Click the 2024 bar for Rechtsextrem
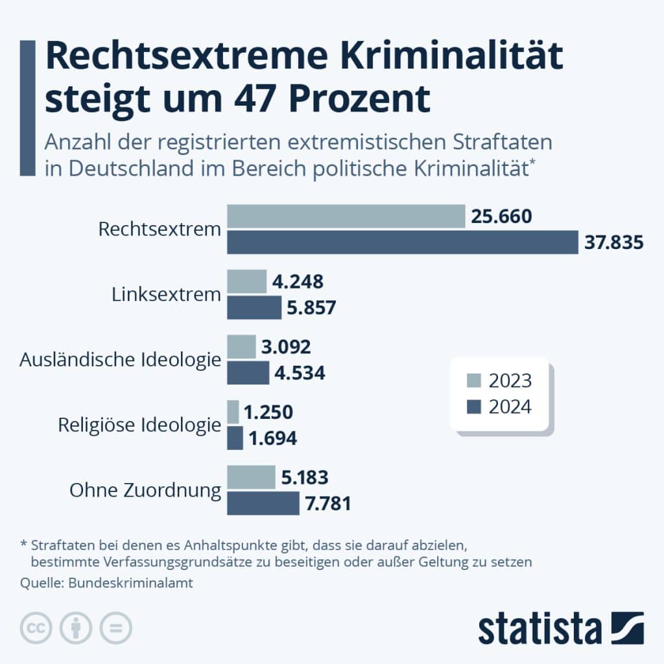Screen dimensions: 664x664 [403, 243]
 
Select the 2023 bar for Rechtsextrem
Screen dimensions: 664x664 [346, 216]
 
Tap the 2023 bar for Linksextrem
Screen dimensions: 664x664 [247, 281]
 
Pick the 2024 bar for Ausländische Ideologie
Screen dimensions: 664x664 [248, 373]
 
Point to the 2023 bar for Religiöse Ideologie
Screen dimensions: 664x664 [233, 412]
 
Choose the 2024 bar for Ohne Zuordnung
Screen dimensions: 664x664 [263, 503]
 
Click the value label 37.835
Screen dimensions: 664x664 [614, 243]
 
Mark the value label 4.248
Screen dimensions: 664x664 [298, 281]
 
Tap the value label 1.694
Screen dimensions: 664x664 [273, 438]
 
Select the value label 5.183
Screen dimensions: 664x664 [305, 477]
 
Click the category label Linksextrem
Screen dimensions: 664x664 [167, 294]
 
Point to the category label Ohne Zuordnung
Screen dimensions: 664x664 [145, 490]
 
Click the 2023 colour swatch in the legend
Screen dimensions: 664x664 [474, 380]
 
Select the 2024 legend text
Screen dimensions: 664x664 [510, 407]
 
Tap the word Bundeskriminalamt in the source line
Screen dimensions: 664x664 [130, 583]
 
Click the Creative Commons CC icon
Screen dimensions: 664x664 [36, 628]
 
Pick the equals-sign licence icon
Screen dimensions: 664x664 [115, 628]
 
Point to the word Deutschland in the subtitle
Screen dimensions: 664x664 [131, 168]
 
